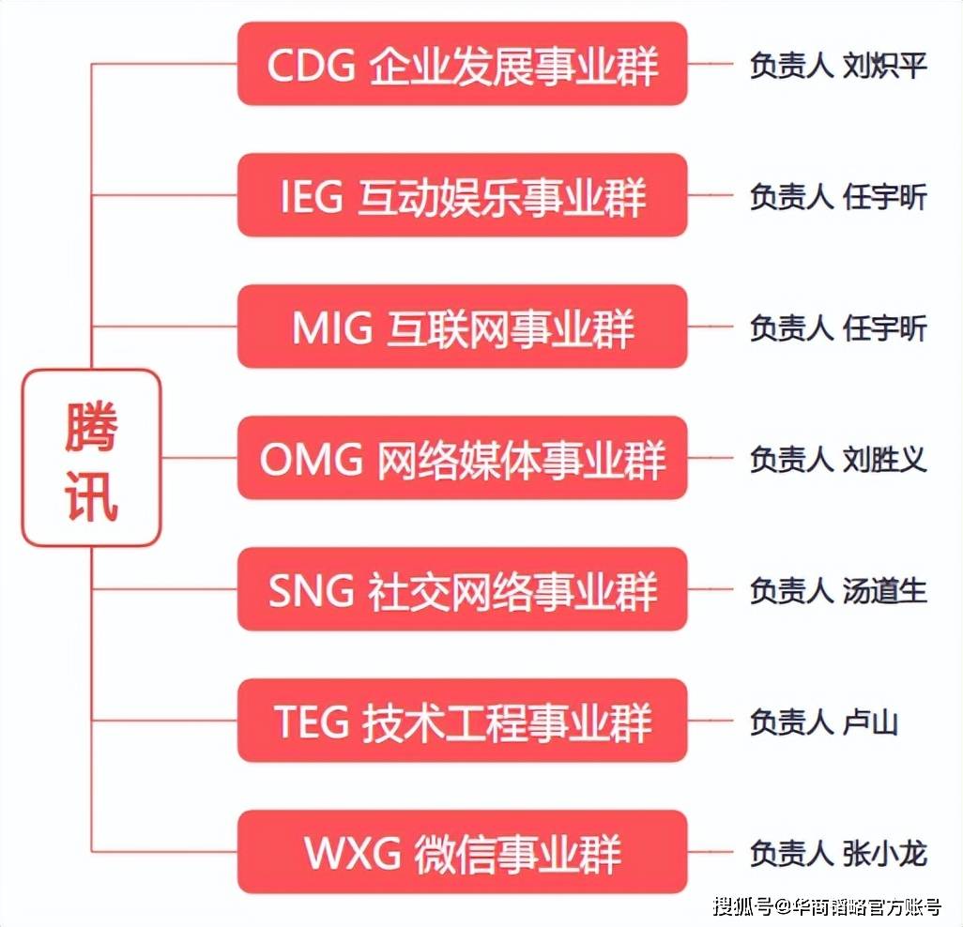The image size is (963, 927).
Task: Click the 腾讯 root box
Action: [92, 458]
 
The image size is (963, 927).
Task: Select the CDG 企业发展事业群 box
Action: [462, 65]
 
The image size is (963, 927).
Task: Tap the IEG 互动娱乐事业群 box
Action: [462, 196]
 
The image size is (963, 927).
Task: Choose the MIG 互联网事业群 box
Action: [462, 327]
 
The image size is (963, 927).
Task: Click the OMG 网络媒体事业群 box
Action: [462, 459]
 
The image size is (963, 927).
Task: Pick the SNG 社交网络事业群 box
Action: [462, 590]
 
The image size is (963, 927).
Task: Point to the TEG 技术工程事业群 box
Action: [462, 722]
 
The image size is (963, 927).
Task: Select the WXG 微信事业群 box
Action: [462, 853]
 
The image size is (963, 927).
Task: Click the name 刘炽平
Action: [885, 67]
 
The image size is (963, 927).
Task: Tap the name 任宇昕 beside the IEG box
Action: [885, 197]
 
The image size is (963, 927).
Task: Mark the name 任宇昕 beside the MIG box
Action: [885, 328]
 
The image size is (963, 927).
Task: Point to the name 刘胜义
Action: [885, 460]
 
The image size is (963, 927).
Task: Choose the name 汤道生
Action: [885, 591]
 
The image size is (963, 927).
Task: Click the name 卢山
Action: [871, 722]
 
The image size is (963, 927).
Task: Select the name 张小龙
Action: [885, 854]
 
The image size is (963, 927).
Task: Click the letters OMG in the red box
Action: [312, 460]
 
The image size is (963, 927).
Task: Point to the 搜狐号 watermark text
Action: [741, 907]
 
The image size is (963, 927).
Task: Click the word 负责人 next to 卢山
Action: [790, 722]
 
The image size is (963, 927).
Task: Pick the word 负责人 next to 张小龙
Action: [790, 854]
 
